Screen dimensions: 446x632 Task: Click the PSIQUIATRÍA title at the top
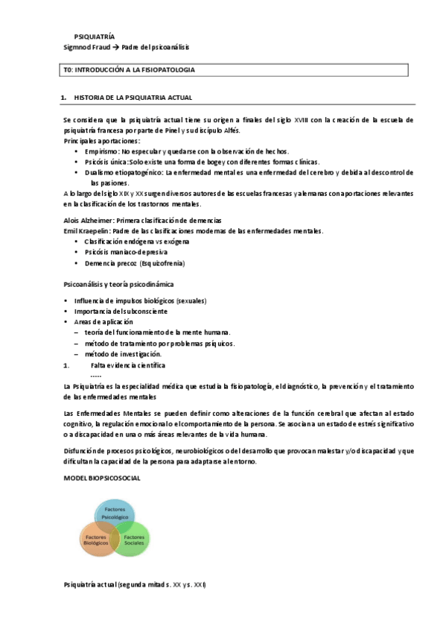click(x=94, y=36)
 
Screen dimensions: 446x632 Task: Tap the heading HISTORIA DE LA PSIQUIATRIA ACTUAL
click(x=133, y=98)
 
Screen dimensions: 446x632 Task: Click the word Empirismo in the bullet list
click(x=101, y=151)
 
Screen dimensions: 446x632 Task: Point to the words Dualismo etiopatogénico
click(x=123, y=172)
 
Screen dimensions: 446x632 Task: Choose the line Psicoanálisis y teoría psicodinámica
click(x=122, y=284)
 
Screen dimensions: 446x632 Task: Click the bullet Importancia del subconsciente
click(x=121, y=311)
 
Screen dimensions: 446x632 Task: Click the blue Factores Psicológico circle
click(x=115, y=513)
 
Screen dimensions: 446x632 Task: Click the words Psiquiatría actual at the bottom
click(x=90, y=585)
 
